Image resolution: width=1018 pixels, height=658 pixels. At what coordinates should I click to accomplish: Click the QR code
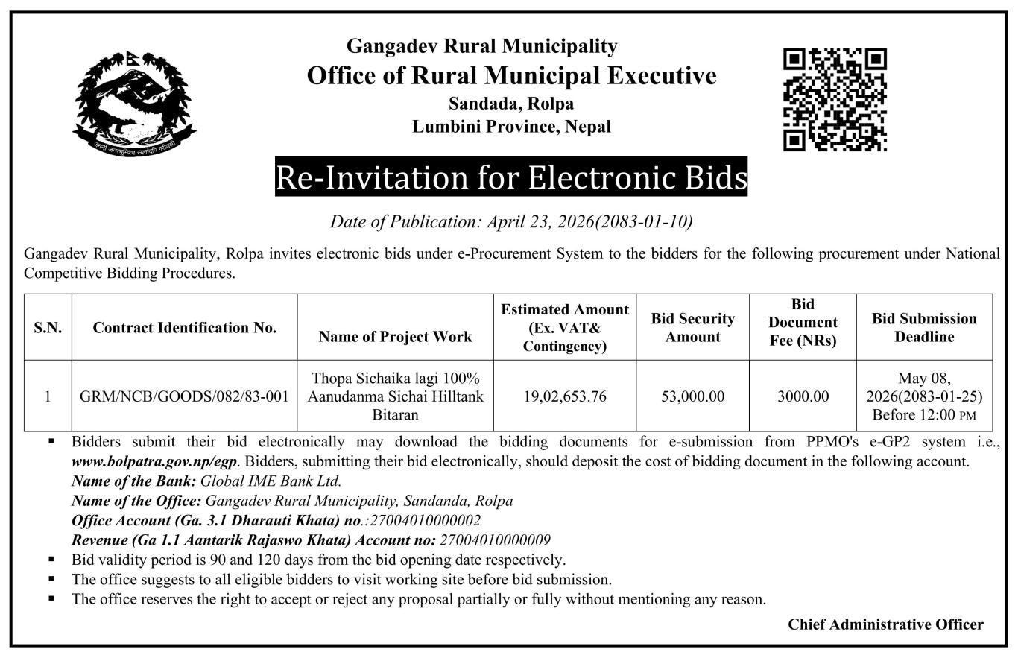[835, 99]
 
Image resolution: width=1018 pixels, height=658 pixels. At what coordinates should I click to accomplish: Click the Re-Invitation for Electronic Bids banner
[511, 177]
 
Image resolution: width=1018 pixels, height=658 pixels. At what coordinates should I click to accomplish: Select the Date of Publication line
[511, 221]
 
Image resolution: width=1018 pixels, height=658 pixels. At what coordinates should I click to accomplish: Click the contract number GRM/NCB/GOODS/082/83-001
[184, 396]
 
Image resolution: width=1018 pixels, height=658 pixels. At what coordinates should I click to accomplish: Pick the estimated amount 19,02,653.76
[563, 396]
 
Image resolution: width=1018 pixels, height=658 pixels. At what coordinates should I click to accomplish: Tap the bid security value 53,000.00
[692, 396]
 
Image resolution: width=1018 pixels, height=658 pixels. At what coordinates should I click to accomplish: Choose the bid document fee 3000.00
[803, 396]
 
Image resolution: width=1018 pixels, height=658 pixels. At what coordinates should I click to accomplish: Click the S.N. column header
[48, 328]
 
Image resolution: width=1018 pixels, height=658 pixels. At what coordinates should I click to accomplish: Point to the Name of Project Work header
[395, 337]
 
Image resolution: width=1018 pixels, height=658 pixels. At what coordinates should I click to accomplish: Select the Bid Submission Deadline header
[924, 327]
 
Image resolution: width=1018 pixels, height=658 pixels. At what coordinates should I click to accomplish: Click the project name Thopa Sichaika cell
[395, 396]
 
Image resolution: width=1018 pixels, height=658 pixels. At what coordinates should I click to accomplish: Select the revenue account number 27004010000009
[496, 540]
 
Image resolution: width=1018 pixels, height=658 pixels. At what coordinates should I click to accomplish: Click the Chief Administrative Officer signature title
[885, 624]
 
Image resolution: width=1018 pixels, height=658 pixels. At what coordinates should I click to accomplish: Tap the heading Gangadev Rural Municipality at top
[482, 46]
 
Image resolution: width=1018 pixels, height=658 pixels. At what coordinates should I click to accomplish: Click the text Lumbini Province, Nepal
[511, 127]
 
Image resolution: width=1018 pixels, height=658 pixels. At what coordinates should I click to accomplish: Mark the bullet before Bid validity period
[51, 559]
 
